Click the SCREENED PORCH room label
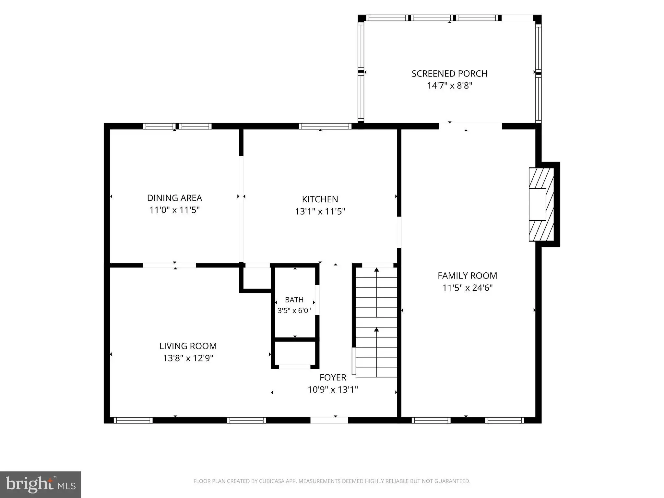[449, 74]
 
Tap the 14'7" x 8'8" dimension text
[449, 86]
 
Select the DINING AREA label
[174, 198]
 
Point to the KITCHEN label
[320, 199]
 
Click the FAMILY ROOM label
[467, 276]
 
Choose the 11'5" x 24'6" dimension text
[467, 288]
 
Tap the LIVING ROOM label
[188, 346]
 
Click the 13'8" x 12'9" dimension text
[188, 358]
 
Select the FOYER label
[333, 378]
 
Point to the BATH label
[294, 300]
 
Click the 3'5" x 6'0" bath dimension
[294, 311]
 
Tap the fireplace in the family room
[541, 204]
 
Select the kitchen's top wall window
[325, 126]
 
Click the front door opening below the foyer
[329, 420]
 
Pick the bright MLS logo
[41, 485]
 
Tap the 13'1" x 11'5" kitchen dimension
[320, 212]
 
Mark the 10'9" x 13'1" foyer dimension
[333, 390]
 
